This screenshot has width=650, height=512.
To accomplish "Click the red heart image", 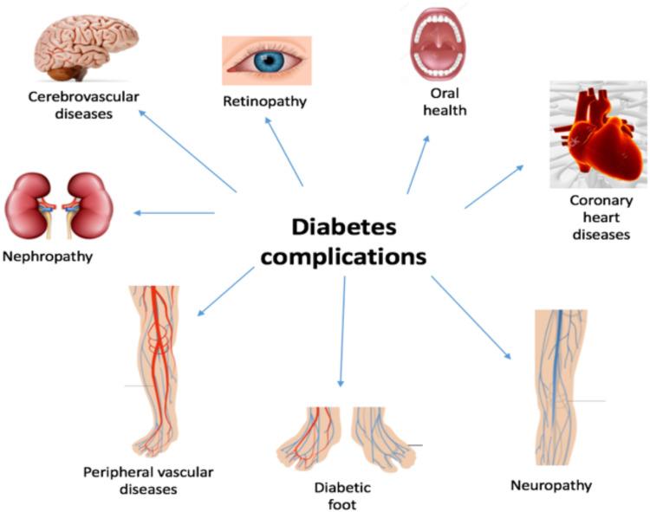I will tap(598, 135).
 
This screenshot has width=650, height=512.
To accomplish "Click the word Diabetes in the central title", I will tap(344, 227).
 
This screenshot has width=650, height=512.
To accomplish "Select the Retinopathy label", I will tap(265, 101).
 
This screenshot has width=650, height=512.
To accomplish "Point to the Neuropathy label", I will tap(551, 485).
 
